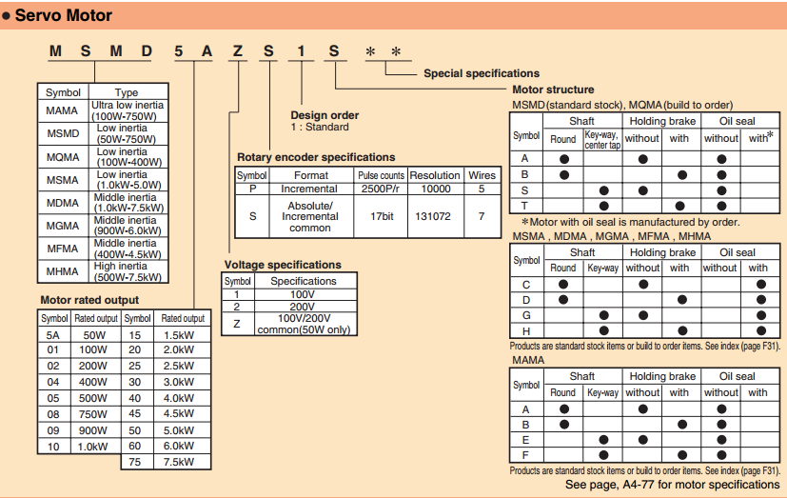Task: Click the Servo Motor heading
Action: [63, 15]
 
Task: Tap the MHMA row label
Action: [63, 269]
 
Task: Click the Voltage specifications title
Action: [283, 265]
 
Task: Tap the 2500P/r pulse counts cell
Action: [381, 189]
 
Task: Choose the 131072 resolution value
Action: [434, 216]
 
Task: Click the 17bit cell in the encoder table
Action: [381, 216]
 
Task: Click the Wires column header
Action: [482, 175]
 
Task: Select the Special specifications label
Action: [481, 73]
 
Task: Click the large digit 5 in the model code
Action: [178, 51]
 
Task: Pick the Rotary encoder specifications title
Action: [315, 157]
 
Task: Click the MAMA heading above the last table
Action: [528, 360]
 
